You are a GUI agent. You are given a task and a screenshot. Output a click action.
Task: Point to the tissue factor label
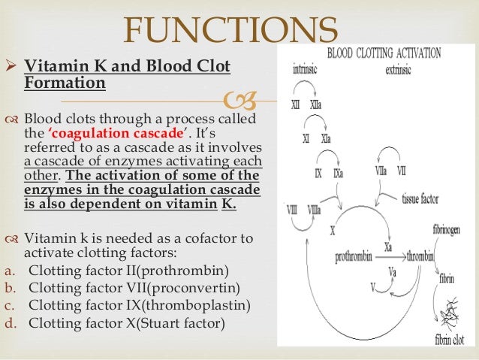(x=420, y=198)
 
